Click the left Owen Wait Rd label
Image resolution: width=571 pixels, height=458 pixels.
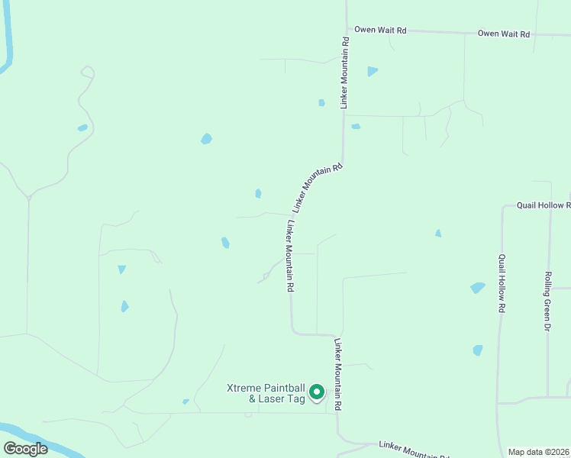379,31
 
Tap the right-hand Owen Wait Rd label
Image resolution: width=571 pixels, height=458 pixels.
503,34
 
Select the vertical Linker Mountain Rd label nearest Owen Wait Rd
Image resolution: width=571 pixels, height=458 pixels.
346,73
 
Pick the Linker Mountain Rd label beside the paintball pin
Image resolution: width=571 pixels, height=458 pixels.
337,376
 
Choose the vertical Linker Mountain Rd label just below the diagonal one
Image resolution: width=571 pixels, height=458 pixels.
290,256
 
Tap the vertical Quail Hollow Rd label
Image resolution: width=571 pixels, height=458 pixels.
502,283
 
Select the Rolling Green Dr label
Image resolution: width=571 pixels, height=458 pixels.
547,301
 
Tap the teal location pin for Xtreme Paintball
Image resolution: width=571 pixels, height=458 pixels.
317,392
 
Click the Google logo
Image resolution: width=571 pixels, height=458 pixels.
26,449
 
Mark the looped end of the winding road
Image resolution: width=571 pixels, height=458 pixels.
88,72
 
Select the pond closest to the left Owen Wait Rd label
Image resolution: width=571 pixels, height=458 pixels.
372,71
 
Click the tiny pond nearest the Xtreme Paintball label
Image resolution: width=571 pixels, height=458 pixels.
185,402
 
